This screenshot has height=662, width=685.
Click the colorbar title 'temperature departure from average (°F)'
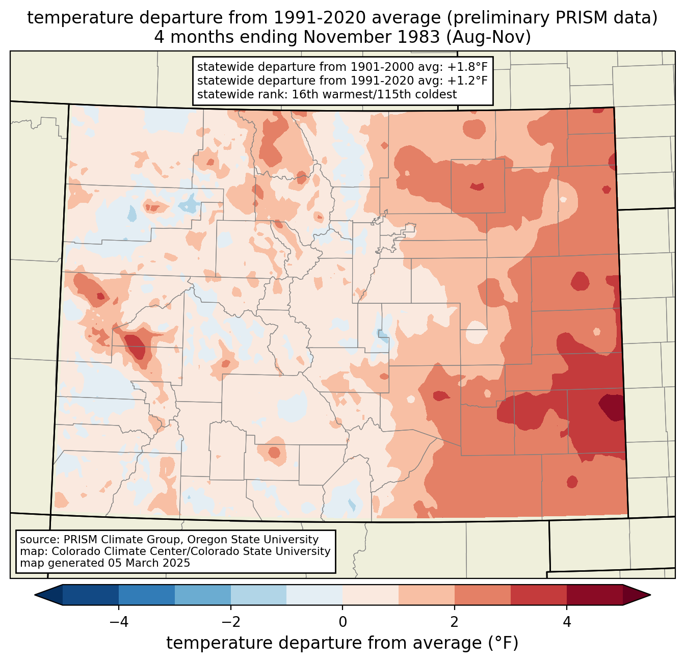coord(342,643)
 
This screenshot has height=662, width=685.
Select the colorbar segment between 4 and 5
coord(595,595)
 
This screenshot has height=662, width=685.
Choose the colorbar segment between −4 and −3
coord(147,595)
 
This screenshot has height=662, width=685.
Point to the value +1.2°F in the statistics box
coord(467,81)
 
